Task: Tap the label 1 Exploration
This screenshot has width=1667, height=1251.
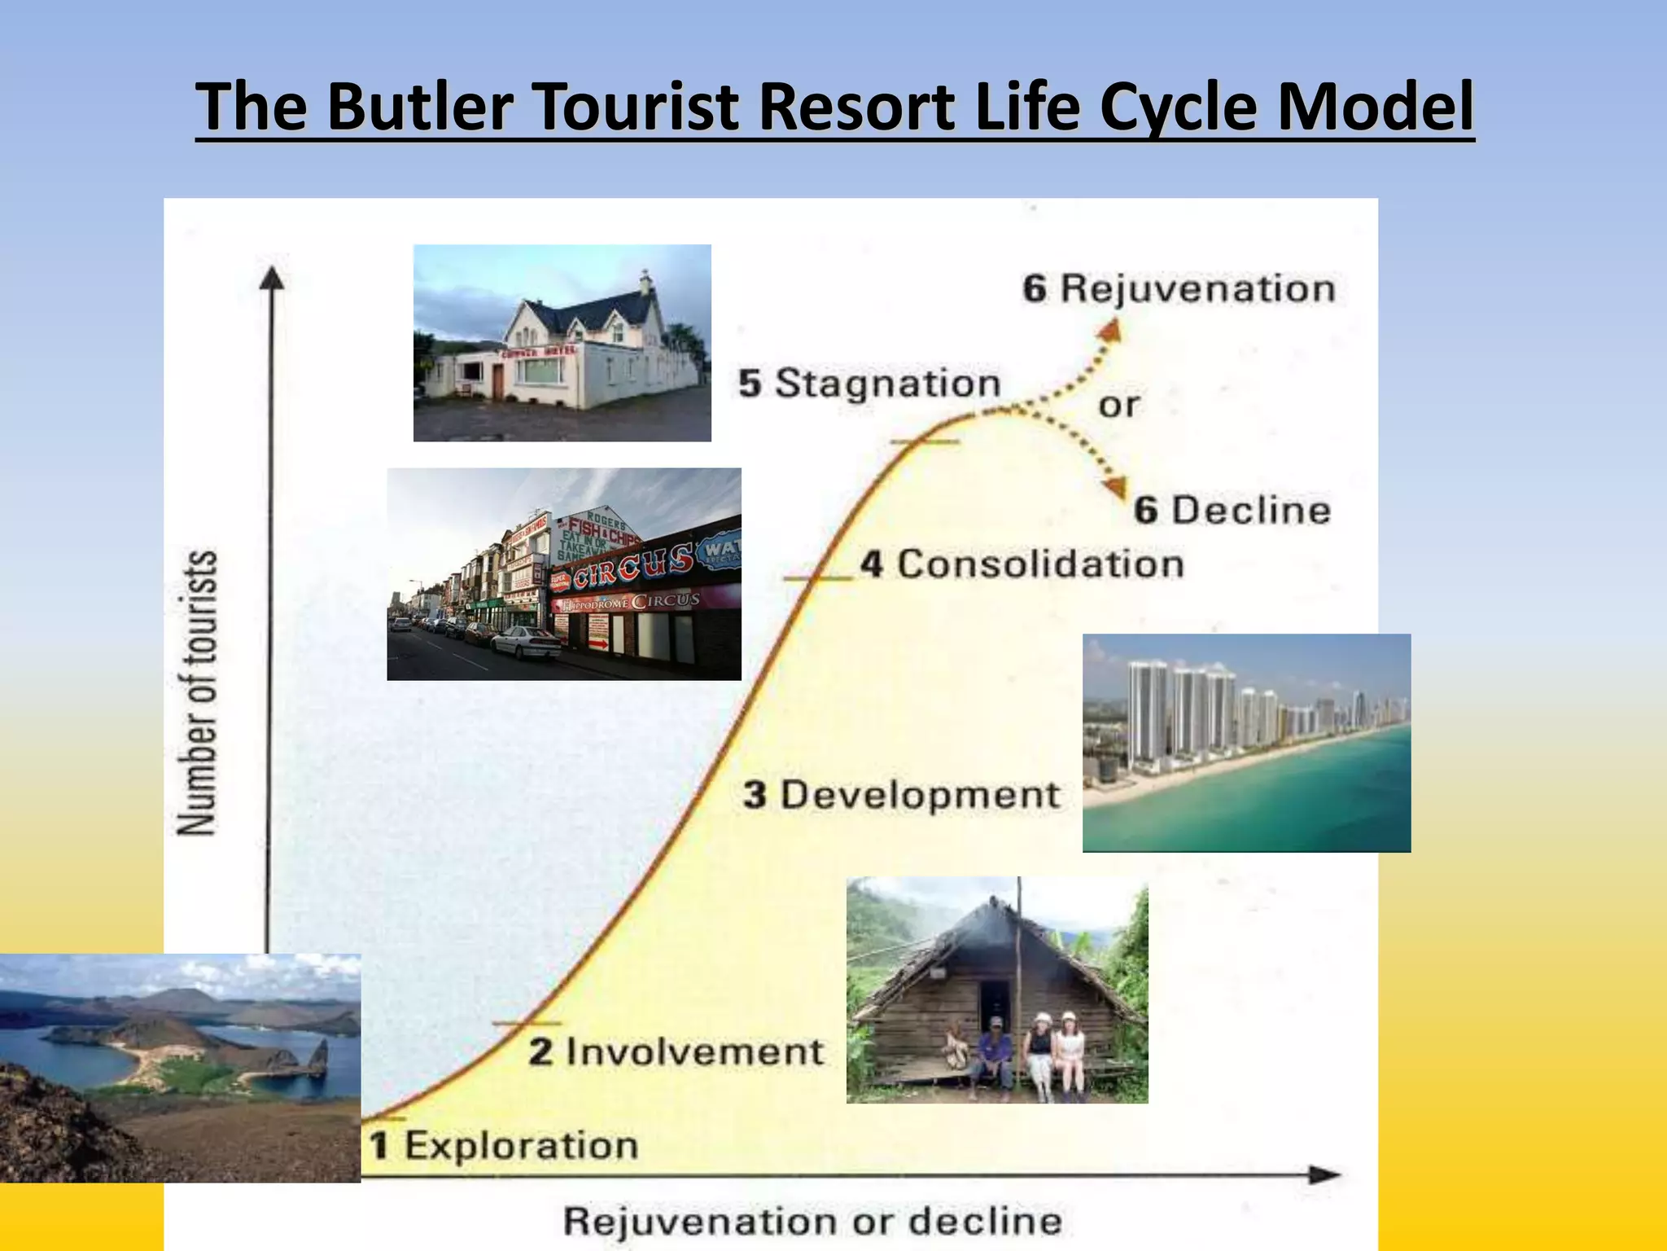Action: point(504,1146)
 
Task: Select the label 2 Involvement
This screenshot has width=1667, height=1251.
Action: point(676,1051)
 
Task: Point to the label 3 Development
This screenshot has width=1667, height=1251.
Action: point(902,795)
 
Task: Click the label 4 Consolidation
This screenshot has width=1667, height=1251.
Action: point(1022,564)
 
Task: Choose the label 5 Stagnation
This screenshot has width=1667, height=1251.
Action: point(869,384)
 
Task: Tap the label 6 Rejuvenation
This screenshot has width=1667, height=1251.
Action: point(1179,289)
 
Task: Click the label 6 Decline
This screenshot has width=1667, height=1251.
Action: point(1232,511)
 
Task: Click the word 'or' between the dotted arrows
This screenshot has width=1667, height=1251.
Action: point(1118,405)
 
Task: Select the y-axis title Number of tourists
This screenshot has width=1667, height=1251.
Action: point(198,692)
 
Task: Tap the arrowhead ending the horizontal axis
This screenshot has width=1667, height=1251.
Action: point(1324,1174)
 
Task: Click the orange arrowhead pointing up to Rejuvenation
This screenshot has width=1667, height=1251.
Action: point(1110,331)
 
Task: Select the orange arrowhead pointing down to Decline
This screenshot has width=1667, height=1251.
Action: point(1114,486)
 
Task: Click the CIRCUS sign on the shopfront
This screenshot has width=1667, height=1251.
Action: point(632,566)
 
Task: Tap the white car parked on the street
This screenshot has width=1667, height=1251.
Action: point(526,643)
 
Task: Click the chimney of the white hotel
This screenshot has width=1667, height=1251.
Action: point(645,283)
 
